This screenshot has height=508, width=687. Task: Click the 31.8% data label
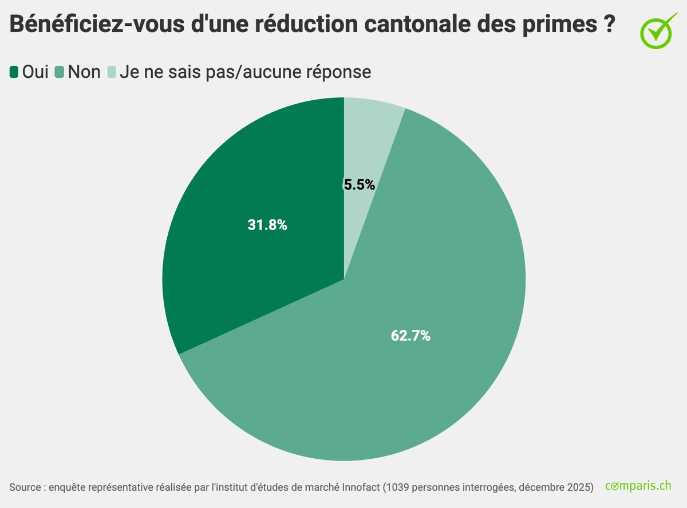pyautogui.click(x=267, y=225)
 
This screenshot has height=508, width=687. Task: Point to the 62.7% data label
pyautogui.click(x=410, y=336)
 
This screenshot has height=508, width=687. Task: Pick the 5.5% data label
pyautogui.click(x=360, y=184)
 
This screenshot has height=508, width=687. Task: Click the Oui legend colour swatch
pyautogui.click(x=14, y=72)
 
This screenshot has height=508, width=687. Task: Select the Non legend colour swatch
pyautogui.click(x=60, y=72)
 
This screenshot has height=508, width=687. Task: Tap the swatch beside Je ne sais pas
pyautogui.click(x=111, y=72)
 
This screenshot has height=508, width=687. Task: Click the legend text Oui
pyautogui.click(x=35, y=72)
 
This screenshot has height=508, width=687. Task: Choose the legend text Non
pyautogui.click(x=84, y=72)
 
